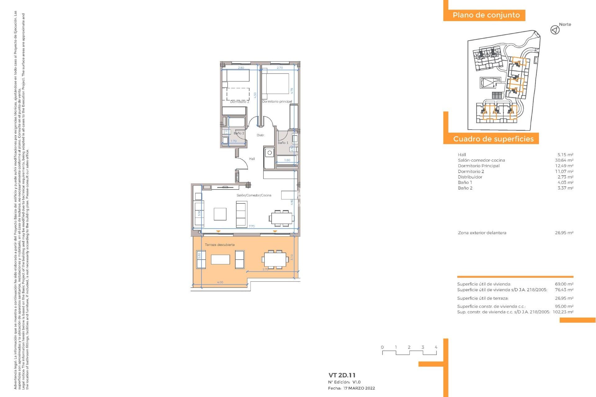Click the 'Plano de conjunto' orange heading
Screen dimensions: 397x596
click(486, 15)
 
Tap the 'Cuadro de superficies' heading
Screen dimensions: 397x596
click(493, 139)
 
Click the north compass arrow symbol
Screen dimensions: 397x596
click(555, 30)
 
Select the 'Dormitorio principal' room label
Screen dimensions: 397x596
click(277, 101)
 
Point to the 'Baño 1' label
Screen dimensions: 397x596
click(283, 143)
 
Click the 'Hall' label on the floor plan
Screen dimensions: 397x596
click(252, 159)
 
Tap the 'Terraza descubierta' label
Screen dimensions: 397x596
click(219, 245)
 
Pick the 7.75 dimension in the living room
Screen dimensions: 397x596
click(251, 226)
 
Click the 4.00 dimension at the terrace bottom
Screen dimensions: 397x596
click(220, 282)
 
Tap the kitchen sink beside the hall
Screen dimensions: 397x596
click(269, 153)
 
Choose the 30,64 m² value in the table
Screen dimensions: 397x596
click(564, 160)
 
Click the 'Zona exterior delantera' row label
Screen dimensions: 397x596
click(482, 233)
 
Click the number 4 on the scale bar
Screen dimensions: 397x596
click(436, 347)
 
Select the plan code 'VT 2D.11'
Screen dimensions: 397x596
click(342, 375)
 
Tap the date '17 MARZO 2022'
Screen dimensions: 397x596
click(359, 388)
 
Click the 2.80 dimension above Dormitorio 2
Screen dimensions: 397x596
click(241, 68)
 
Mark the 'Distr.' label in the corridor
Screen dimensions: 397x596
click(260, 135)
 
